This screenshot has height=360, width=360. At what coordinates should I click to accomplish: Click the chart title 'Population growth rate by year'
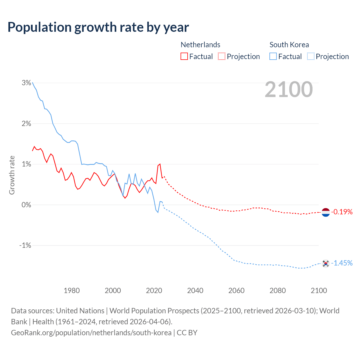click(x=98, y=27)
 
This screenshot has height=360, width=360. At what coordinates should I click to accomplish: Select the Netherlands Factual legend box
click(x=184, y=56)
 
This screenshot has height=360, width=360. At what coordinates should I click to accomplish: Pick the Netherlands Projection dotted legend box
click(x=222, y=56)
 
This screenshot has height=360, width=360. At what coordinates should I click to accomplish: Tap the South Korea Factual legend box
click(x=273, y=56)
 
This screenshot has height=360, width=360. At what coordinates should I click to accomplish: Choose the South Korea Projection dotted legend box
click(x=310, y=56)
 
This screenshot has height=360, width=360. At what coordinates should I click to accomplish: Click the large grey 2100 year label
click(x=289, y=89)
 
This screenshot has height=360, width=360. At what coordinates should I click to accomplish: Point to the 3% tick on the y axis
click(x=26, y=83)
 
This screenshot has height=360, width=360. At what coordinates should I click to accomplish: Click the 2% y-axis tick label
click(x=26, y=123)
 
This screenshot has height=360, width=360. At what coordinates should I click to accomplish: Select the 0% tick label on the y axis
click(x=26, y=205)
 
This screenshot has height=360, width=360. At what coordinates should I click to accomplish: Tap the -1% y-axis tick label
click(x=25, y=245)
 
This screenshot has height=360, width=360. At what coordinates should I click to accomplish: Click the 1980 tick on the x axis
click(x=72, y=291)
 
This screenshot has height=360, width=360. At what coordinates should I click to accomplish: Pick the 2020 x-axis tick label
click(x=154, y=291)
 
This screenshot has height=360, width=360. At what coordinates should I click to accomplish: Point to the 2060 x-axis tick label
click(x=237, y=291)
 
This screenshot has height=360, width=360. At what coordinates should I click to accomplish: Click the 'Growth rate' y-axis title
click(x=12, y=175)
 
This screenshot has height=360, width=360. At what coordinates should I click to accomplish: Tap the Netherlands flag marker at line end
click(x=325, y=212)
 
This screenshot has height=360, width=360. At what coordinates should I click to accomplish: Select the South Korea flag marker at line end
click(x=325, y=263)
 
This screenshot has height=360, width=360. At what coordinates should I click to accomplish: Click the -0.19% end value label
click(x=342, y=212)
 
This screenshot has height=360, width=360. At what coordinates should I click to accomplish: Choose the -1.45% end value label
click(x=342, y=263)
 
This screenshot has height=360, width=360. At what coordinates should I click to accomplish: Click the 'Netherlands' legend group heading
click(x=200, y=45)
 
